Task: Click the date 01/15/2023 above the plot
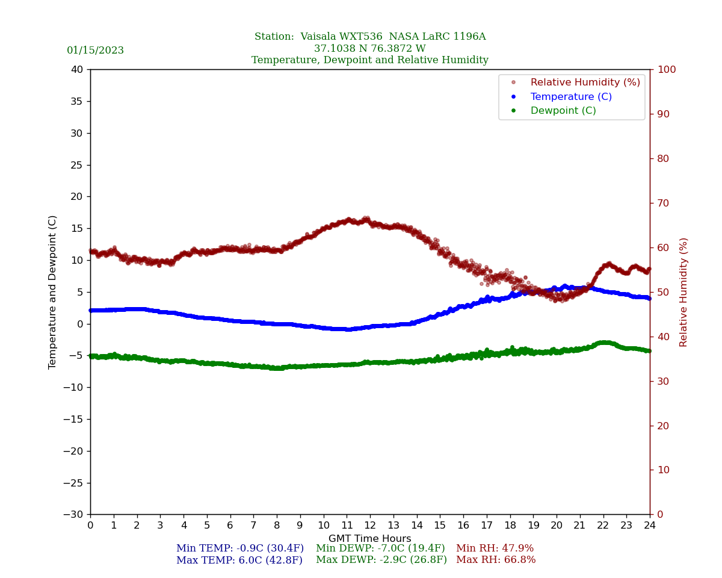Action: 95,51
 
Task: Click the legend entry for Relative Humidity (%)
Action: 585,82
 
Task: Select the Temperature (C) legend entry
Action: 570,97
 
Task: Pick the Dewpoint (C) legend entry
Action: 563,111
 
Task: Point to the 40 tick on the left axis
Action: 77,69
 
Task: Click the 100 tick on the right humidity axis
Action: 667,69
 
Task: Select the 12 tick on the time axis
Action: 370,525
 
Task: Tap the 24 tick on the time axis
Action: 650,525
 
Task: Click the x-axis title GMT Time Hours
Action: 370,539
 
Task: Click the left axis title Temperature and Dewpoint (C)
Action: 53,292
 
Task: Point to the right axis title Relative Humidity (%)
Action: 683,292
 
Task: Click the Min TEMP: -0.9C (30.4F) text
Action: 239,548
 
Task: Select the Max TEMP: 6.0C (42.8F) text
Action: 239,560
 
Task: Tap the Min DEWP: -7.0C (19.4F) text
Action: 380,548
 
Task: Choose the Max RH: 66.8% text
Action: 496,560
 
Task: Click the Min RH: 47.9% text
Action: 495,548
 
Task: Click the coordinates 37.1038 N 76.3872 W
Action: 370,49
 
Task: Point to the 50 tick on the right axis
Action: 663,292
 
